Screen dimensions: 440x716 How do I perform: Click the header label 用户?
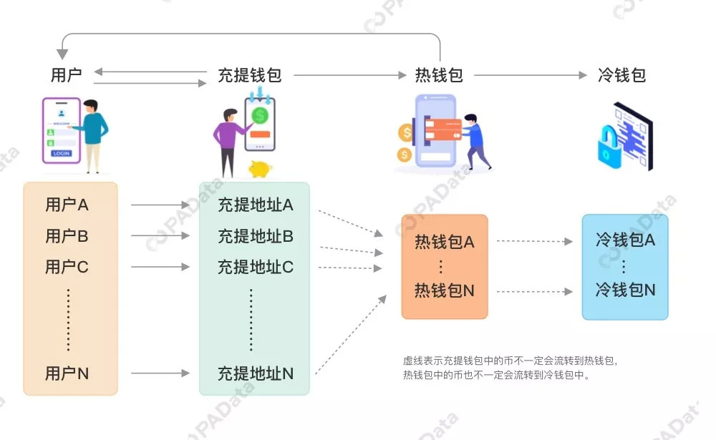pos(67,74)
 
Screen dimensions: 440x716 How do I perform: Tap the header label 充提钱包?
pos(249,74)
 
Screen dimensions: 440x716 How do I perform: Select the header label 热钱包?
pos(439,74)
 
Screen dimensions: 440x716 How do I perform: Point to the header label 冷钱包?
pos(621,74)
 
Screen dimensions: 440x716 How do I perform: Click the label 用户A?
pos(67,205)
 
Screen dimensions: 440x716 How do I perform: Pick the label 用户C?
pos(67,267)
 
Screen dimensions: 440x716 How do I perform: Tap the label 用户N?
pos(67,373)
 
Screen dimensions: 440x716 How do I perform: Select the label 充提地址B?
pos(256,235)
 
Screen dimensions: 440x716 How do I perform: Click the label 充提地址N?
pos(256,373)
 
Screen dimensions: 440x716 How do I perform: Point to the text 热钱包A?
pos(444,242)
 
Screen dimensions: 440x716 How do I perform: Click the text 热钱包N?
pos(444,290)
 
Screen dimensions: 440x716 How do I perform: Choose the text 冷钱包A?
pos(625,240)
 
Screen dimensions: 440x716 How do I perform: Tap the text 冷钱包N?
pos(625,290)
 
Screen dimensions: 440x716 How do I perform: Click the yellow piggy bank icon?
pos(259,169)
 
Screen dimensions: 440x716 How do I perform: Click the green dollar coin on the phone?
pos(260,114)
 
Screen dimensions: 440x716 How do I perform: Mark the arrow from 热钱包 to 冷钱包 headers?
pos(531,75)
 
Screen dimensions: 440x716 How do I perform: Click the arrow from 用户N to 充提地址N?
pos(160,373)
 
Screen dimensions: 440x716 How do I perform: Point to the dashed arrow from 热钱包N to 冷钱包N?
pos(534,291)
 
